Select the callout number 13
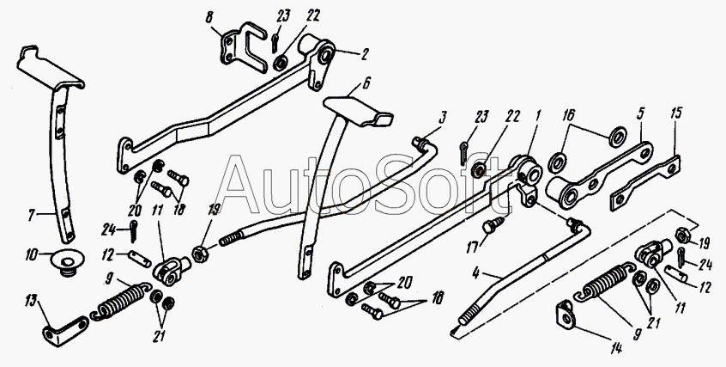coord(32,299)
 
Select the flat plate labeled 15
coord(648,182)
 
